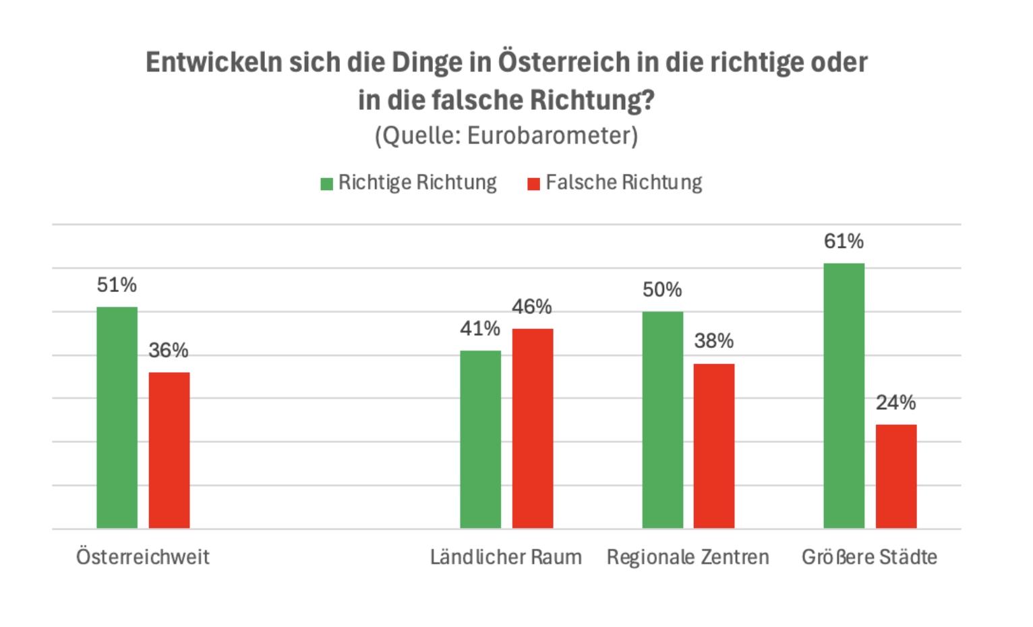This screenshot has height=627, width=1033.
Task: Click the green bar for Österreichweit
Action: click(117, 417)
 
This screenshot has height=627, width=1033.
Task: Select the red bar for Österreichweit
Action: click(169, 450)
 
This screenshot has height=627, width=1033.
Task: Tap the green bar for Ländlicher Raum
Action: click(480, 439)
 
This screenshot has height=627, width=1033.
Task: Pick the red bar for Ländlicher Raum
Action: click(532, 428)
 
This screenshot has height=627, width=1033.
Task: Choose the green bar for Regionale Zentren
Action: click(662, 419)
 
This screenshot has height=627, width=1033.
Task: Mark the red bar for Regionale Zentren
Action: click(714, 446)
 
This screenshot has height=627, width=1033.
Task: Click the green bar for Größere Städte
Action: click(844, 396)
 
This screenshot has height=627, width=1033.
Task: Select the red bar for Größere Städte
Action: click(895, 476)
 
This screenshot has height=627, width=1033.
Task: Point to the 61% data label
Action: click(844, 241)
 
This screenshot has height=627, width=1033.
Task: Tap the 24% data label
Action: click(895, 402)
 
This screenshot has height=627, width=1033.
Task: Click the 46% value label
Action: click(532, 307)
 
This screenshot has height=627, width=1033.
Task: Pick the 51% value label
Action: click(117, 285)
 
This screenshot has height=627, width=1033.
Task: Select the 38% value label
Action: click(714, 341)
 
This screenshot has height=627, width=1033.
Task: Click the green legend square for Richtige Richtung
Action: click(327, 184)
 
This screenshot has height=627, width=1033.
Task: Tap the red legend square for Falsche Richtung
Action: click(533, 184)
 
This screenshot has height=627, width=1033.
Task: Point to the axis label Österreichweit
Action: click(143, 557)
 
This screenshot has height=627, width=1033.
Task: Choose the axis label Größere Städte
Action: click(869, 557)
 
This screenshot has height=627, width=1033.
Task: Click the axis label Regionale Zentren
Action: click(688, 557)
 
